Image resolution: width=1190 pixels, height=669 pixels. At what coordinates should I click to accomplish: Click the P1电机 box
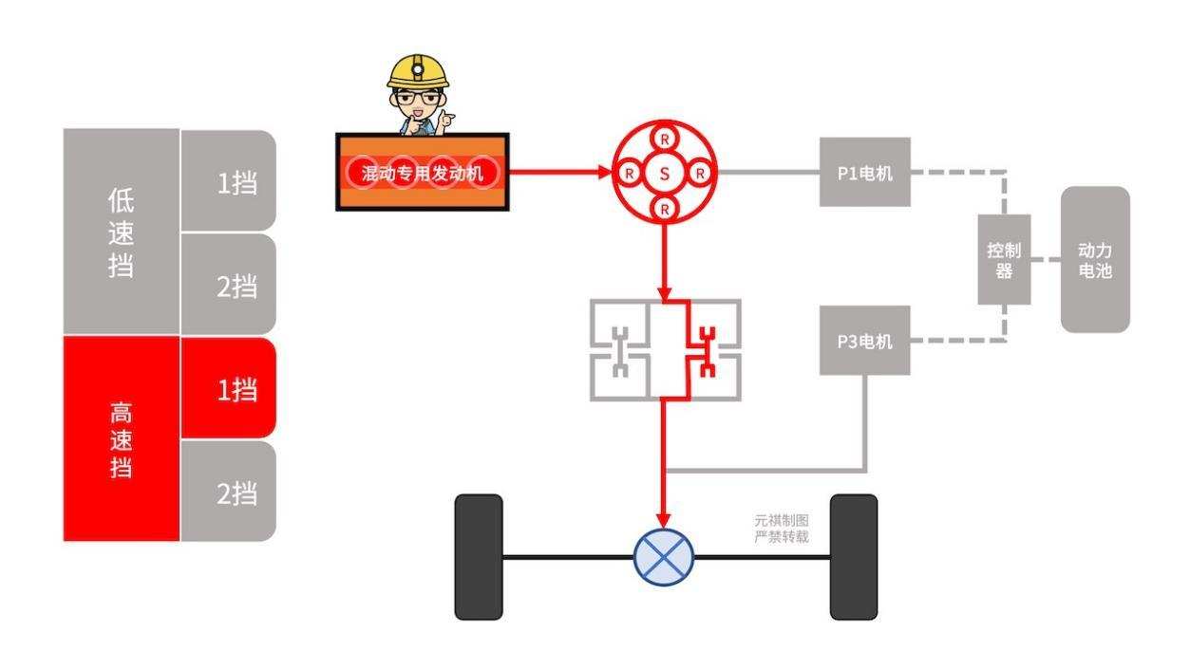(864, 172)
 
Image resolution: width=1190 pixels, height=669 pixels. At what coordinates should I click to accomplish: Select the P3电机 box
(864, 341)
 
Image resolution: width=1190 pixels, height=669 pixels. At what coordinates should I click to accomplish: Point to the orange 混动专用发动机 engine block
(422, 173)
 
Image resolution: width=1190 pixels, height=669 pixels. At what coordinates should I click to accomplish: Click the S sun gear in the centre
(664, 174)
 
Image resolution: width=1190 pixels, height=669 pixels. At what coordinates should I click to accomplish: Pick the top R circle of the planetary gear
(664, 139)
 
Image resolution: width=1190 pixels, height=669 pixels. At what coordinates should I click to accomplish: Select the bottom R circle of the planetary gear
(664, 208)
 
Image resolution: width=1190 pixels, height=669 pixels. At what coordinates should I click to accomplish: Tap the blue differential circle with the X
(664, 555)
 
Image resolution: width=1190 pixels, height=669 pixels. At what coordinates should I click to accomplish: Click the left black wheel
(479, 557)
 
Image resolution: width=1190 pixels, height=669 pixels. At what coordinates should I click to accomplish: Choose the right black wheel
(853, 557)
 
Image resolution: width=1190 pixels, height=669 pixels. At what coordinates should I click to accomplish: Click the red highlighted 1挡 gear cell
(228, 388)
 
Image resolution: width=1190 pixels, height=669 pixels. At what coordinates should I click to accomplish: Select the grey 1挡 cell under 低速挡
(228, 180)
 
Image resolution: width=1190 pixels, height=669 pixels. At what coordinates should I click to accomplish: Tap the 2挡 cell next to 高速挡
(228, 492)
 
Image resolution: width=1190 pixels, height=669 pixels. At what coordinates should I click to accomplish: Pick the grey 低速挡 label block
(121, 232)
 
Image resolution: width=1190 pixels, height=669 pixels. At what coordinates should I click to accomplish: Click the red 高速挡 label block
(121, 439)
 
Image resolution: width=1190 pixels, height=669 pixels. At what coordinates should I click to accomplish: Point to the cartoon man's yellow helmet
(418, 71)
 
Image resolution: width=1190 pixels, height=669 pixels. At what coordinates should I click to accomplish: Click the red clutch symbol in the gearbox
(706, 350)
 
